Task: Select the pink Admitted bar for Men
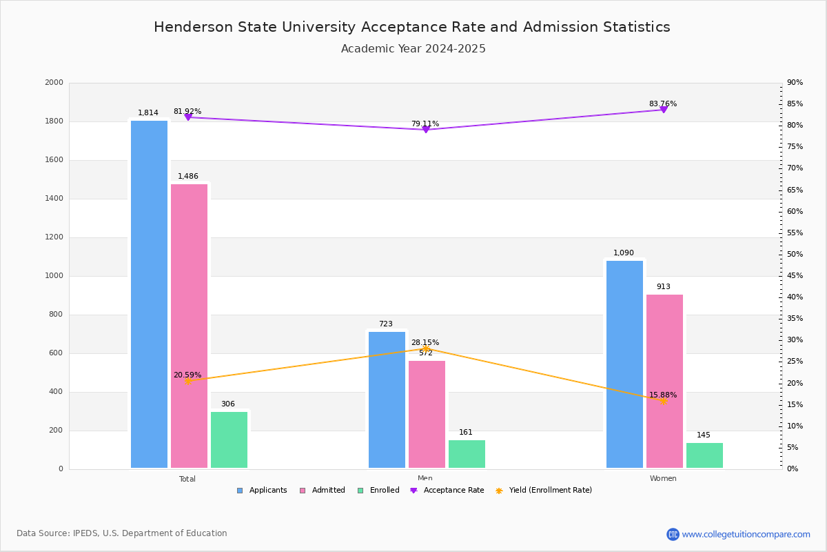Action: tap(427, 414)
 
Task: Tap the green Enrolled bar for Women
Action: tap(704, 455)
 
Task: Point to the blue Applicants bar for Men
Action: tap(387, 400)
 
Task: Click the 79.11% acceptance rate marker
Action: tap(426, 130)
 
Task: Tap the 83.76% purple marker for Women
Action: tap(664, 110)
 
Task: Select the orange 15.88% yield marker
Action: tap(664, 401)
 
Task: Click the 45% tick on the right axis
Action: tap(795, 276)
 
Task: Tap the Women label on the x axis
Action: tap(663, 479)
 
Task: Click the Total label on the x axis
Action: tap(187, 479)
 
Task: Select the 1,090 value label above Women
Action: tap(624, 253)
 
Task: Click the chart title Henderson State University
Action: tap(412, 27)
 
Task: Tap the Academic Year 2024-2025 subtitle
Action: tap(413, 49)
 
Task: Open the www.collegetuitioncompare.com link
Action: tap(746, 534)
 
